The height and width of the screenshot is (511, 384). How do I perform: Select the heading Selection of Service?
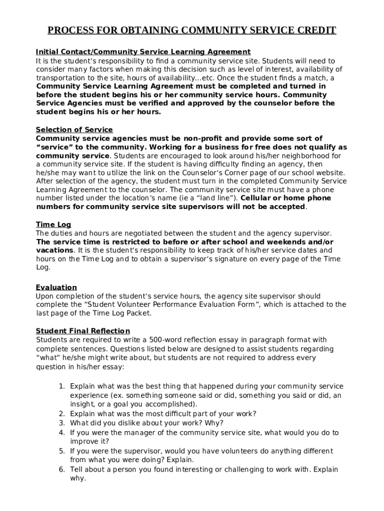(74, 130)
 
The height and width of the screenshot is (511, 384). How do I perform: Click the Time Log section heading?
(53, 225)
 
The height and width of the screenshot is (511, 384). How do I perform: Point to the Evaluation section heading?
(56, 287)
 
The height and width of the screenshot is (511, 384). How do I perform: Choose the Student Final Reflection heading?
(83, 331)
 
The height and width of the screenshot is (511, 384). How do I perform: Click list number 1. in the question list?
(62, 386)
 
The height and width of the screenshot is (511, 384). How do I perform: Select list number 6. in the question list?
(62, 470)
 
